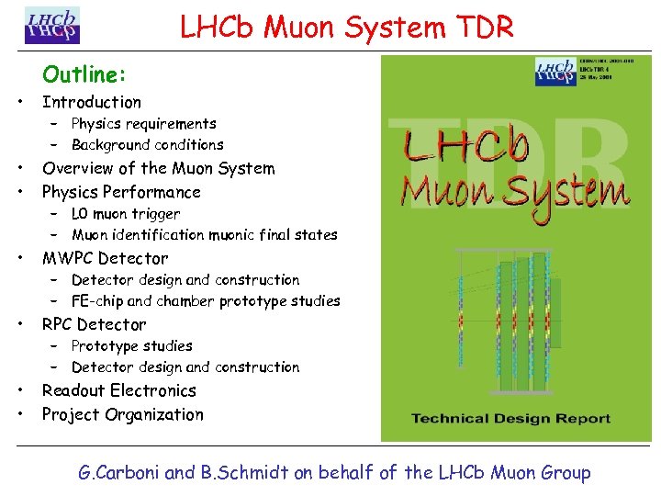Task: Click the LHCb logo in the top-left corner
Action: (x=52, y=26)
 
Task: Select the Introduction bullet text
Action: (x=92, y=102)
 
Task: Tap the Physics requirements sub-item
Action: (x=143, y=123)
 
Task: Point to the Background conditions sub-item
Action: (x=147, y=144)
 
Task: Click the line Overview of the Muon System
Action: (x=158, y=168)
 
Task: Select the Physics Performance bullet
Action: (x=121, y=192)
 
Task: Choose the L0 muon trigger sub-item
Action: (x=126, y=213)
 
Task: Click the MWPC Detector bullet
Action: (x=106, y=258)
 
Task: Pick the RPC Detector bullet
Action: (x=94, y=324)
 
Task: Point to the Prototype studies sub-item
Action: (x=131, y=345)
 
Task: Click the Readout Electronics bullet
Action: (x=119, y=390)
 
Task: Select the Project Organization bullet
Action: (x=123, y=414)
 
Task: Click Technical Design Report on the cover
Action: (x=510, y=419)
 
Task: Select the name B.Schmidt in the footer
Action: (x=242, y=473)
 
